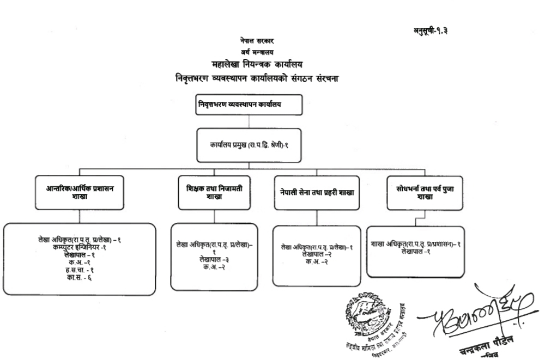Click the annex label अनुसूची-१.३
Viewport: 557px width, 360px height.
(x=430, y=29)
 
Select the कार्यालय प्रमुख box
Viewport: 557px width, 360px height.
(x=249, y=145)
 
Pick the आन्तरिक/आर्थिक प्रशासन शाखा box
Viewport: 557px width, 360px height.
(x=80, y=192)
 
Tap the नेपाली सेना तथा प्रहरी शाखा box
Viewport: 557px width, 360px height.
(x=317, y=193)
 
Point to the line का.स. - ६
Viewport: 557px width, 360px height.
(x=80, y=278)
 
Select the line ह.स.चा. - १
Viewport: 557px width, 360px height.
(x=80, y=270)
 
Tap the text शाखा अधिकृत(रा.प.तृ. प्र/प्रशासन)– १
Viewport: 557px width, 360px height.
(x=415, y=245)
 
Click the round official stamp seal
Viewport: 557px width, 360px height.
(x=369, y=316)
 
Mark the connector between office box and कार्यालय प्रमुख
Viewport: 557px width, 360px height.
(x=249, y=122)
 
